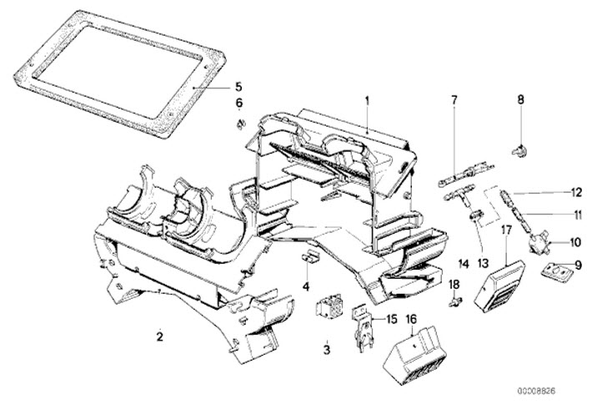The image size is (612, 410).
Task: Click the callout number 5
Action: [238, 86]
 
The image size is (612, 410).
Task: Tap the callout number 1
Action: [365, 100]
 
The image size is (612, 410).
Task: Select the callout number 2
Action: [158, 337]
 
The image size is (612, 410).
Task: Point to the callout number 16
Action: [411, 318]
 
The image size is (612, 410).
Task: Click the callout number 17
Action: [506, 229]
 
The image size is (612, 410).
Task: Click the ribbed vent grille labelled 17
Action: [499, 282]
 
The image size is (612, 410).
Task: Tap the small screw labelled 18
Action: [454, 301]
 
